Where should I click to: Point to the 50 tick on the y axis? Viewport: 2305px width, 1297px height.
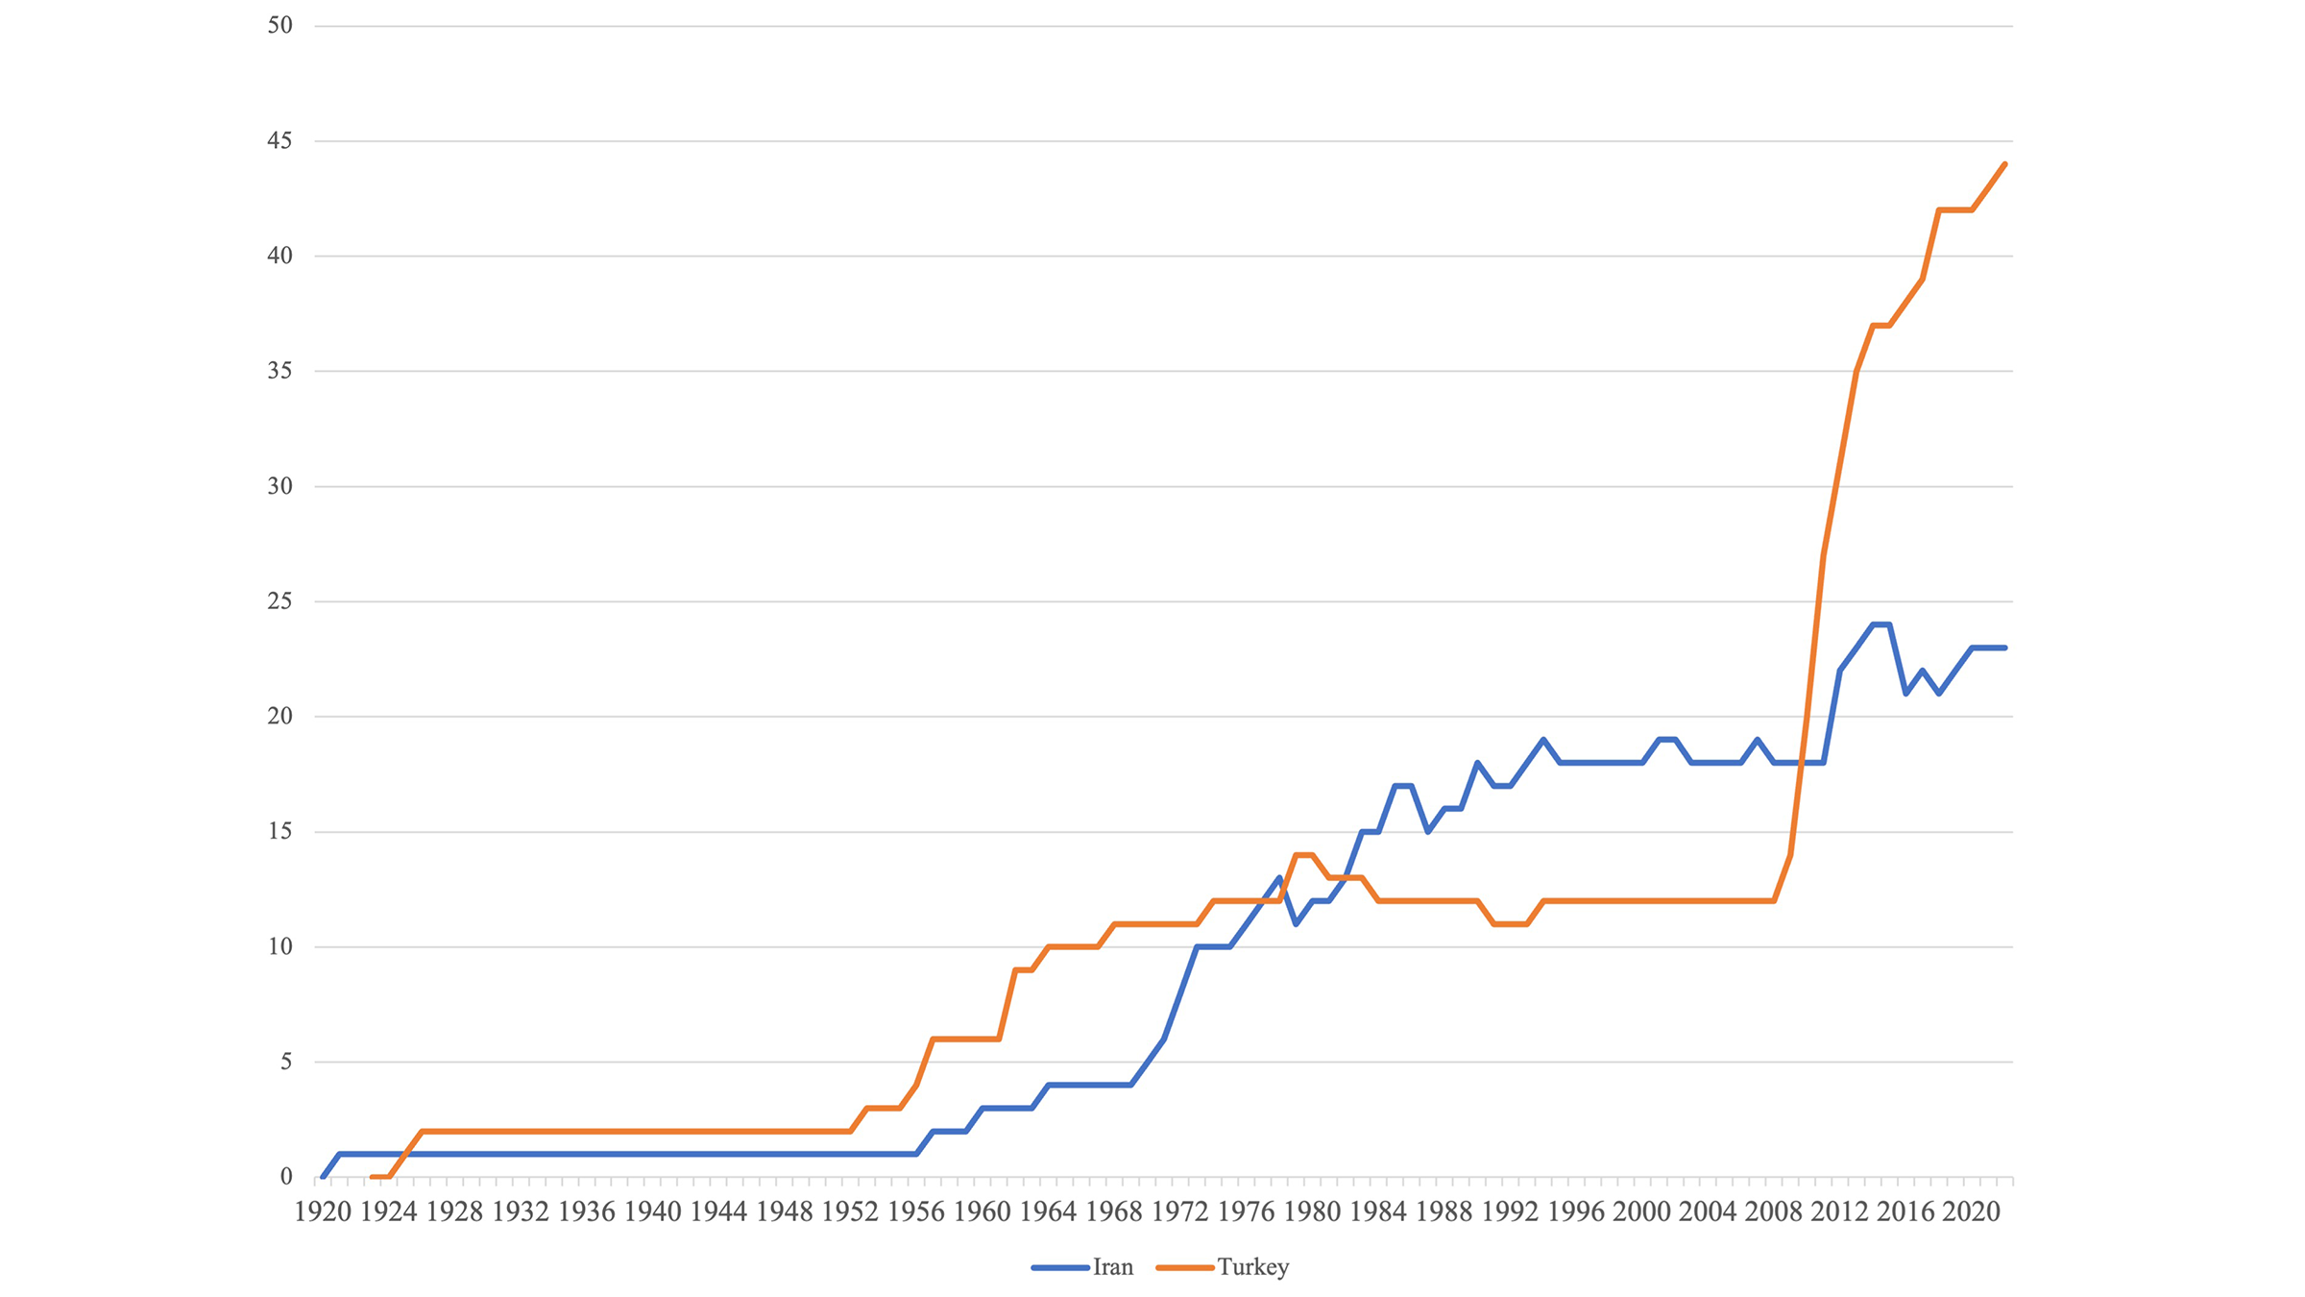(x=279, y=26)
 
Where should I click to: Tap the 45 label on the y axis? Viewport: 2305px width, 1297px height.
(x=279, y=141)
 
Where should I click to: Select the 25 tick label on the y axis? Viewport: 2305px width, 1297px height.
(x=279, y=601)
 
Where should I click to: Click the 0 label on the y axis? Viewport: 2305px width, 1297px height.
(x=286, y=1177)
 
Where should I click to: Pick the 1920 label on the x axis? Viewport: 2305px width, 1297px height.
(x=323, y=1212)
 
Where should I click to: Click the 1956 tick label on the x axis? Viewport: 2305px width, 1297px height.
(x=916, y=1212)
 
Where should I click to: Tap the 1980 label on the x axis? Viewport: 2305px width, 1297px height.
(x=1312, y=1212)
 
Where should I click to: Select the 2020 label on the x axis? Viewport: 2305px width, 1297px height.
(x=1971, y=1212)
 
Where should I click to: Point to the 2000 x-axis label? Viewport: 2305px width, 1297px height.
(x=1641, y=1212)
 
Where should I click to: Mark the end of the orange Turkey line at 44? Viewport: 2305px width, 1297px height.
(x=2004, y=164)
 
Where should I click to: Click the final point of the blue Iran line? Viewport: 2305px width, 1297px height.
(x=2004, y=648)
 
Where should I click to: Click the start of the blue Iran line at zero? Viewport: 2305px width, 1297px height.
(x=323, y=1177)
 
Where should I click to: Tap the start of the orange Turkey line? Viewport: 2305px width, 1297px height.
(x=373, y=1177)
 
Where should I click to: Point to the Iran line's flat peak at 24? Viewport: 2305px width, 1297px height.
(x=1880, y=624)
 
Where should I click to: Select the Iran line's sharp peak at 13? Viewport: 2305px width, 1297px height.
(x=1279, y=878)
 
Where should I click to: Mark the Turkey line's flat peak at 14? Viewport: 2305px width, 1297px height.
(x=1304, y=855)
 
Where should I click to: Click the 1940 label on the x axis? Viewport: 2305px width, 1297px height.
(x=652, y=1212)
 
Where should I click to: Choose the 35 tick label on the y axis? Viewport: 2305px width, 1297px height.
(x=279, y=371)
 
